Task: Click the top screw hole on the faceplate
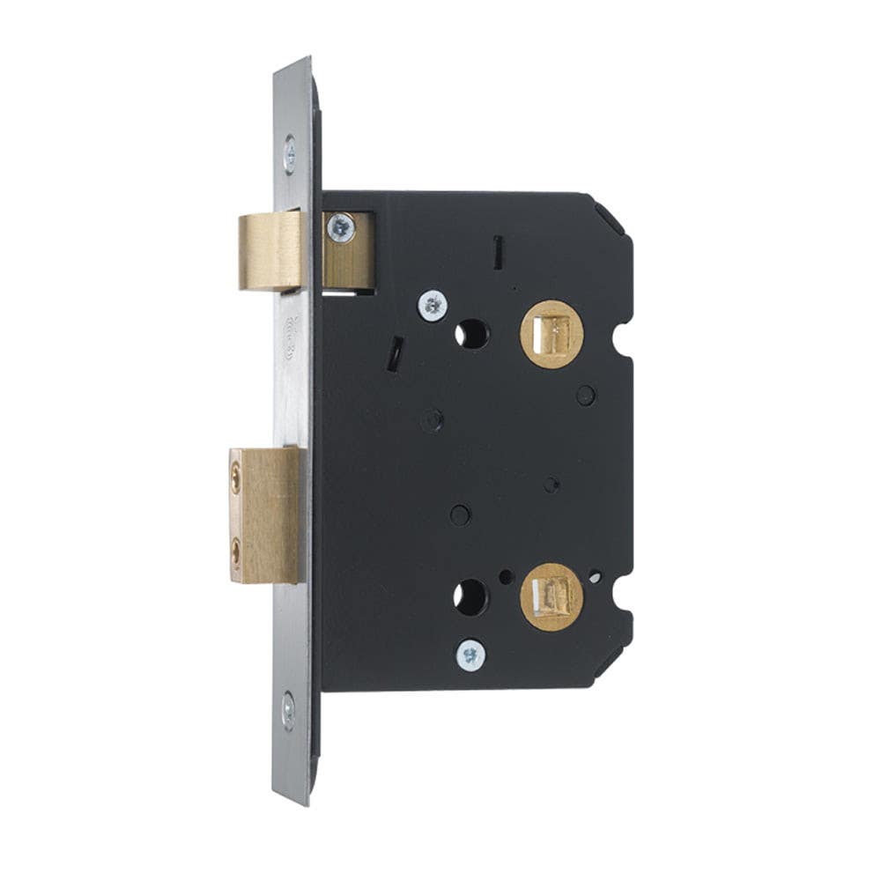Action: [290, 155]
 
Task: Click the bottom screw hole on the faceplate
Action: [289, 709]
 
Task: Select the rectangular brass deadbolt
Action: [262, 515]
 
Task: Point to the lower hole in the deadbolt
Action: [236, 553]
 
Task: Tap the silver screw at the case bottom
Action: [471, 654]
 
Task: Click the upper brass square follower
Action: [552, 332]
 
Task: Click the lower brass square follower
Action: [552, 597]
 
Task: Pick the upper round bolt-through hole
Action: [472, 333]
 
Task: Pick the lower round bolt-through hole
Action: [470, 596]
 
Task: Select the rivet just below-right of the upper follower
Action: [585, 395]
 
